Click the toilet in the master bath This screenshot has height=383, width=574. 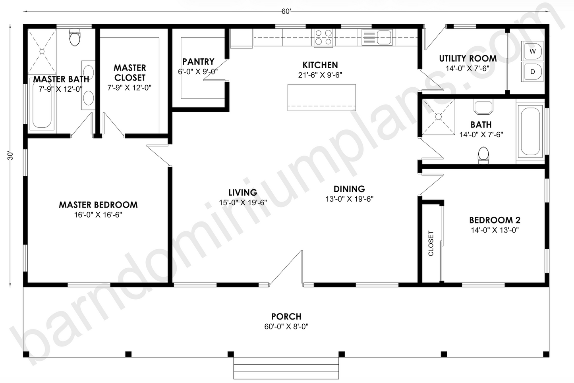[75, 37]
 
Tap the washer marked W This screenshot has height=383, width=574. [532, 51]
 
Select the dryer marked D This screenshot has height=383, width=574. [532, 72]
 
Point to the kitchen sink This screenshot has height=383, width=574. [377, 37]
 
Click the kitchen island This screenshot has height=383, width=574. [322, 98]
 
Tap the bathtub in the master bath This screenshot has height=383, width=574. [42, 104]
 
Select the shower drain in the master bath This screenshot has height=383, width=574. [42, 52]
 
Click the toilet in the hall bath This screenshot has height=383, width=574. [483, 156]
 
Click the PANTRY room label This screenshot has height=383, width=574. [198, 62]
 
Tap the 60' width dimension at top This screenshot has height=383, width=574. [286, 12]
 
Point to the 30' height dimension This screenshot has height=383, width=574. [10, 156]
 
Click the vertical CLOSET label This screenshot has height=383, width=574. [431, 243]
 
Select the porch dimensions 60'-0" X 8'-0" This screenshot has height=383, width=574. [286, 327]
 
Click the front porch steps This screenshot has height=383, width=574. [286, 368]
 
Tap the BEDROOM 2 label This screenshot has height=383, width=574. [495, 220]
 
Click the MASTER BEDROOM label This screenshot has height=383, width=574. [98, 205]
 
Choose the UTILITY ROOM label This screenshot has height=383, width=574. [468, 59]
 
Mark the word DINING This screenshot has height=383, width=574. [349, 189]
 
